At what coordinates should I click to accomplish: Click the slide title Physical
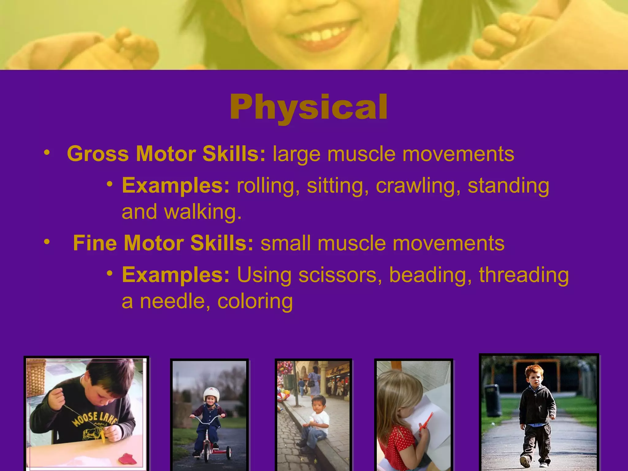click(x=309, y=107)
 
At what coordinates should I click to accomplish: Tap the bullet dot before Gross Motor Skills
click(x=46, y=152)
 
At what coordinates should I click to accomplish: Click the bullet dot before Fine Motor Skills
click(x=46, y=242)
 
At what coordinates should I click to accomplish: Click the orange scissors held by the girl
click(x=427, y=421)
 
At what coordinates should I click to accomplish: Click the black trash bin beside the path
click(x=492, y=400)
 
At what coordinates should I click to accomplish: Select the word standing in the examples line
click(x=508, y=186)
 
